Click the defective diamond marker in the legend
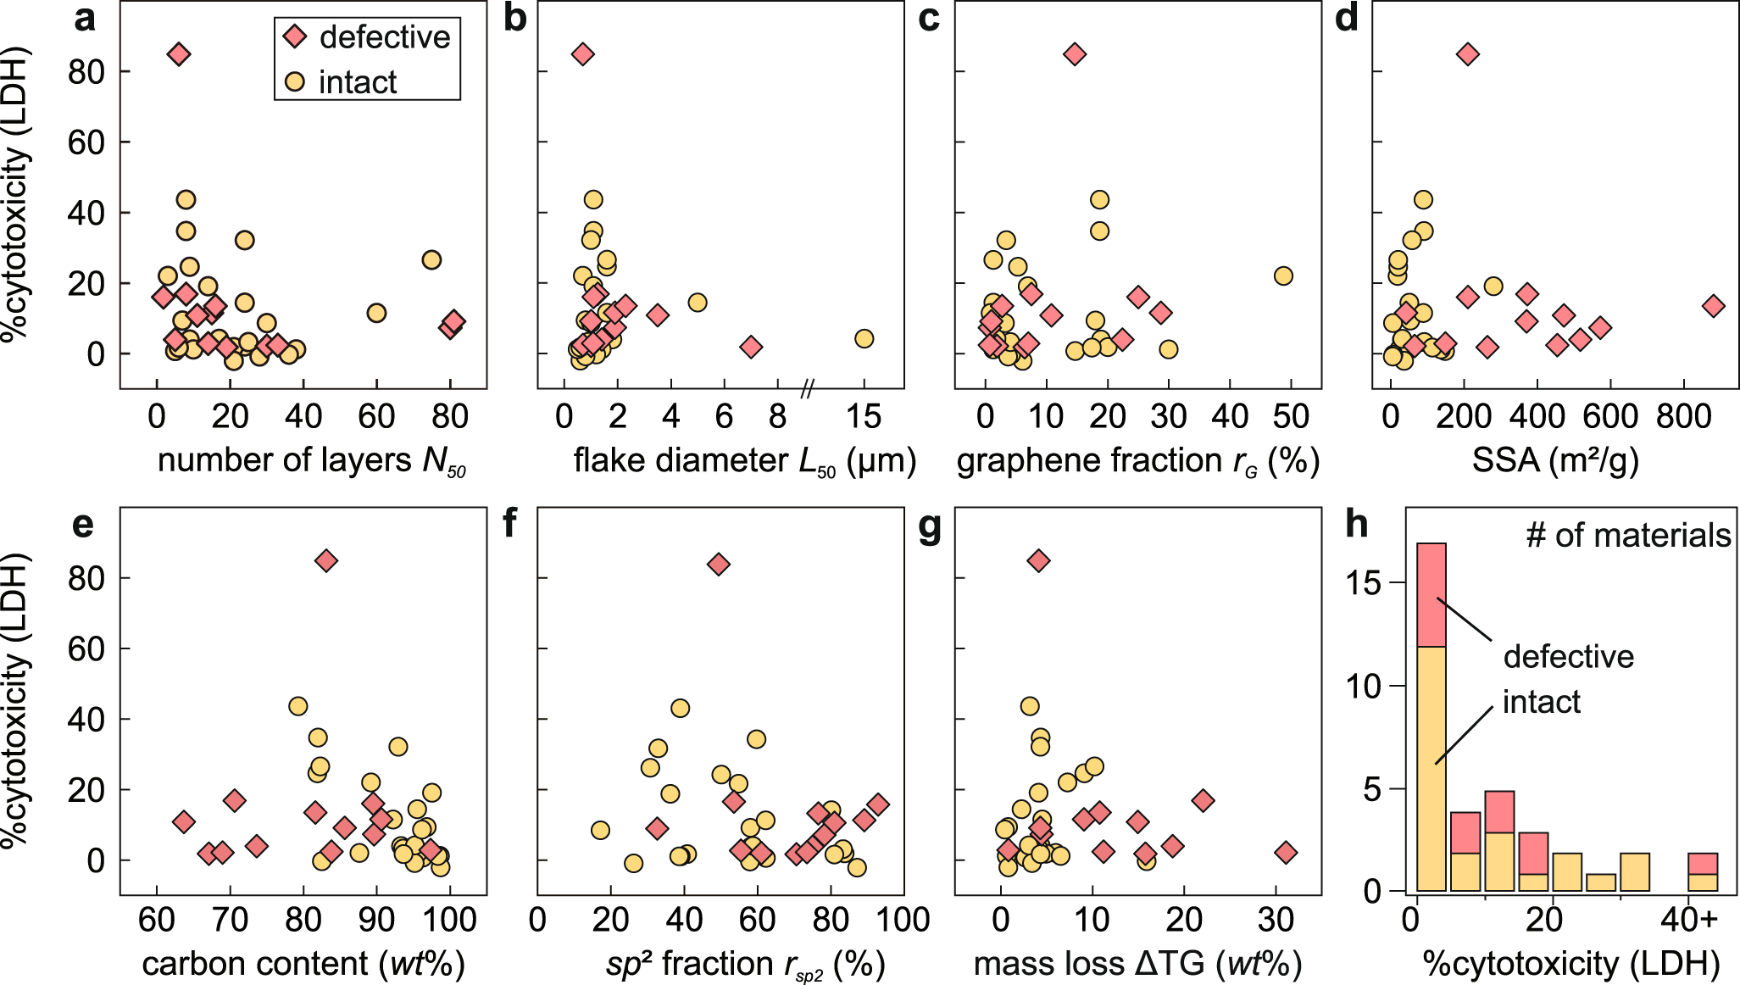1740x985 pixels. tap(295, 37)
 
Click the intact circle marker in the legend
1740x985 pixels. tap(295, 82)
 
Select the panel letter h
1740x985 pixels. tap(1357, 524)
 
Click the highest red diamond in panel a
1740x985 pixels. tap(178, 54)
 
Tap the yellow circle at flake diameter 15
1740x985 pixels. tap(864, 338)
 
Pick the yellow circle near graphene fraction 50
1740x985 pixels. tap(1283, 275)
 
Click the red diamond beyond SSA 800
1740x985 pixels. tap(1713, 306)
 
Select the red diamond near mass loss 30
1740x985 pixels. tap(1286, 853)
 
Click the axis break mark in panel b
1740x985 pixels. tap(808, 389)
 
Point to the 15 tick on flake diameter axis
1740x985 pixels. tap(864, 417)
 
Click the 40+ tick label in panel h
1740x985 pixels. tap(1689, 921)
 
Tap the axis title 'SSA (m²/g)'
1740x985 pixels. tap(1555, 460)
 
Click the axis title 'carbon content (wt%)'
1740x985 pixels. tap(303, 964)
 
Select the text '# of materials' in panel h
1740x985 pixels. tap(1628, 536)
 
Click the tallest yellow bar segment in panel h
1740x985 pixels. tap(1431, 767)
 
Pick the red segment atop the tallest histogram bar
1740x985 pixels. tap(1431, 594)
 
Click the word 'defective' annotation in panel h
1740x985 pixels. tap(1568, 657)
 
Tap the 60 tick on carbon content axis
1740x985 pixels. tap(156, 921)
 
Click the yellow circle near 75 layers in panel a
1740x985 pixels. tap(431, 259)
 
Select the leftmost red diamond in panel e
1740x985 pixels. tap(183, 821)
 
